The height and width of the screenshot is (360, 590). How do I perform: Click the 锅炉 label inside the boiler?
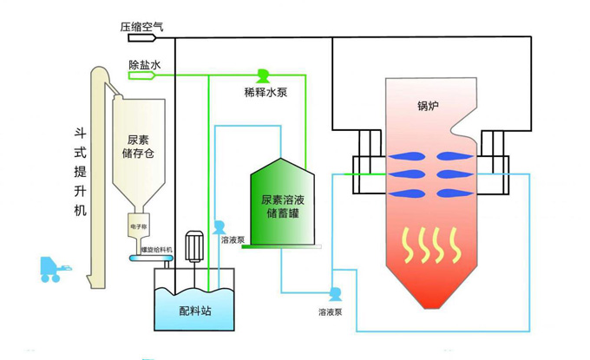coord(429,107)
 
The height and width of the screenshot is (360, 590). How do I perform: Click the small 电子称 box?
coord(140,227)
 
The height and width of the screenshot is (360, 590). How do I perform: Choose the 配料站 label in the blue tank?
coord(194,311)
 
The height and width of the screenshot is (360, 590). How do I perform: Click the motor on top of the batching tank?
coord(195,245)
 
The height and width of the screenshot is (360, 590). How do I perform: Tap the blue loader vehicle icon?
coord(56,270)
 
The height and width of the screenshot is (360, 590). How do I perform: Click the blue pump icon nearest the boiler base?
coord(333,293)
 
